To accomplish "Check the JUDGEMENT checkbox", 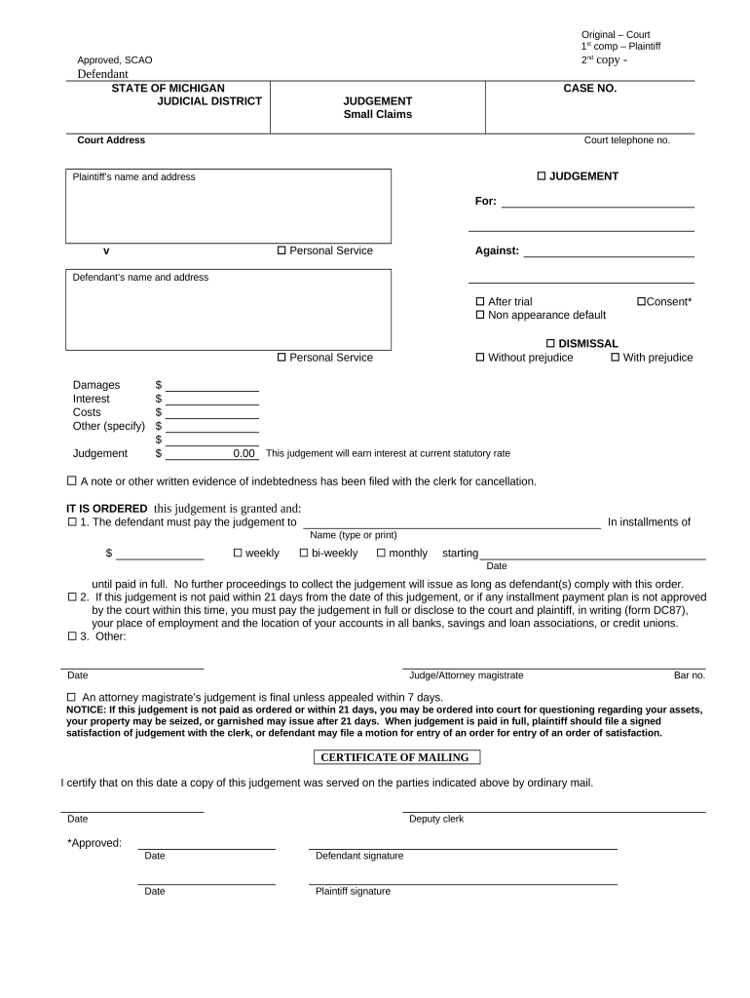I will pyautogui.click(x=543, y=176).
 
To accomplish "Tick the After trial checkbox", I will pyautogui.click(x=479, y=302).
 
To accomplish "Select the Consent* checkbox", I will pyautogui.click(x=642, y=302).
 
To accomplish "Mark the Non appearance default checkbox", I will pyautogui.click(x=479, y=316).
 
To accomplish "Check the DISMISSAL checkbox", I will pyautogui.click(x=550, y=344).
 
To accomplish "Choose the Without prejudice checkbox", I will pyautogui.click(x=479, y=358).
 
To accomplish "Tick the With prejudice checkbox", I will pyautogui.click(x=615, y=358).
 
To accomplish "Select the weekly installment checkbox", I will pyautogui.click(x=238, y=554).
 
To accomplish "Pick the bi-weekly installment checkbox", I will pyautogui.click(x=304, y=554).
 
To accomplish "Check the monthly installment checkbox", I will pyautogui.click(x=381, y=554).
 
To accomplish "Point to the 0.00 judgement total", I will pyautogui.click(x=244, y=453).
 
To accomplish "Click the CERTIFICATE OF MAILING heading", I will pyautogui.click(x=396, y=757).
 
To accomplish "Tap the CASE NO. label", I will pyautogui.click(x=589, y=88).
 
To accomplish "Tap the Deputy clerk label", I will pyautogui.click(x=436, y=819).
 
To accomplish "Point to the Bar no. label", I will pyautogui.click(x=689, y=675).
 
